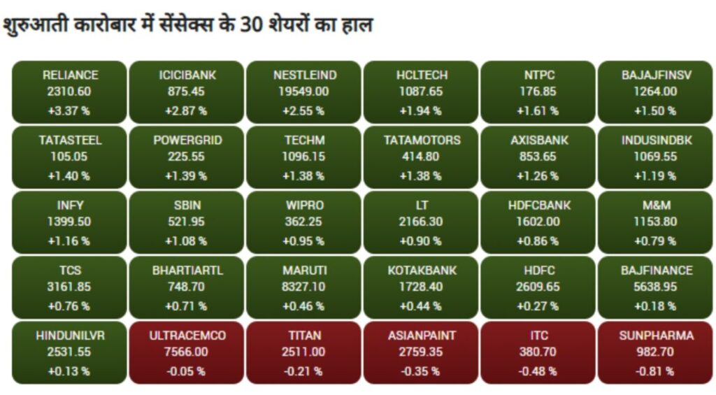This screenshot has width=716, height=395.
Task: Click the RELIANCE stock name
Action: [71, 75]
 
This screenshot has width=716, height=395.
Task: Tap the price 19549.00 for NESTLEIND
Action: [303, 92]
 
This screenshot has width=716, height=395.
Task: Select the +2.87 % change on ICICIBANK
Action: [186, 111]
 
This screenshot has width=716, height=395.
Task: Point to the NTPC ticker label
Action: [539, 75]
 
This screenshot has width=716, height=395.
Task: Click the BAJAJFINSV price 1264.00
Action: [655, 92]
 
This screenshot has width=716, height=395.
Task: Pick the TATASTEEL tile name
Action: [71, 141]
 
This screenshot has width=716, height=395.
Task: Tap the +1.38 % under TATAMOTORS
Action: [420, 176]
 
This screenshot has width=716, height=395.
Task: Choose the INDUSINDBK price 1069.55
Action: [655, 157]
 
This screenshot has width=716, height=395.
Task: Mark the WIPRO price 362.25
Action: [303, 222]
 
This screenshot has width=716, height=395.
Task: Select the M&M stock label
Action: [657, 206]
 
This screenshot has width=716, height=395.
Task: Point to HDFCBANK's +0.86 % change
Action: [538, 241]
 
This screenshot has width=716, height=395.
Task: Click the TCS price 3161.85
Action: [69, 287]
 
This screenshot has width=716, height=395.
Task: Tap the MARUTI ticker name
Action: [305, 271]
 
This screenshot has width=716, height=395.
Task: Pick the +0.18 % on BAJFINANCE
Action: [655, 306]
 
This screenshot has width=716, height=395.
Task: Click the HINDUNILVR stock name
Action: [71, 336]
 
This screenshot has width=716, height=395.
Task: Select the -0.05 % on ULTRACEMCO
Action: [186, 372]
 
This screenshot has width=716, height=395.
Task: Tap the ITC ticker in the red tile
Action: [539, 336]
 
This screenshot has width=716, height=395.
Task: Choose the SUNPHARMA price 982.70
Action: [655, 352]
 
